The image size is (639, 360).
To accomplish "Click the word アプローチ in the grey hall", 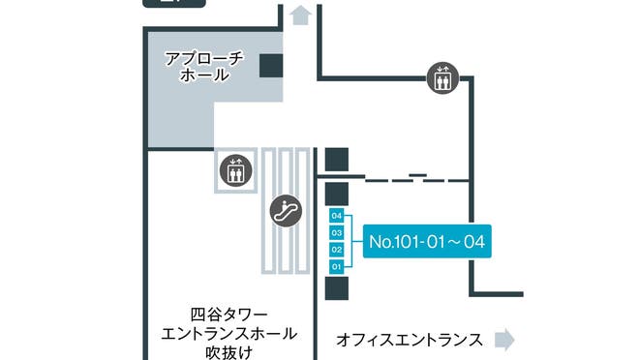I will tap(204, 57).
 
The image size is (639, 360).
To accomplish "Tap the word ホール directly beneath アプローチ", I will tap(204, 75).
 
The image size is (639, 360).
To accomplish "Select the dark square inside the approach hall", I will tap(271, 65).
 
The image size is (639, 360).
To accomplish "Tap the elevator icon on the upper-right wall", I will tap(441, 77).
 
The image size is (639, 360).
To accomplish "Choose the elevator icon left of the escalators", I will tap(233, 170).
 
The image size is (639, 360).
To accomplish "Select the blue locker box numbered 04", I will tap(337, 216).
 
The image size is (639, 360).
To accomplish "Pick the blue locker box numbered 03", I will tap(337, 232).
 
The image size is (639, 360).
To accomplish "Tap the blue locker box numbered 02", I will tap(337, 249).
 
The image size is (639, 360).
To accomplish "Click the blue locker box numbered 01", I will tap(337, 265).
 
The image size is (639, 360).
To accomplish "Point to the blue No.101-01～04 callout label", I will tap(426, 241).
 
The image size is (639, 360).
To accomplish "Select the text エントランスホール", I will tap(228, 334).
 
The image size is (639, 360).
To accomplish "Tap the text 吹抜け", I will tap(228, 352).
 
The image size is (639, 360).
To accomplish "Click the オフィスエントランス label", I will tap(410, 340).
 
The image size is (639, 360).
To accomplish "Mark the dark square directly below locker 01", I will tap(337, 287).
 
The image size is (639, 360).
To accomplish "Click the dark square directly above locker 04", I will tap(337, 193).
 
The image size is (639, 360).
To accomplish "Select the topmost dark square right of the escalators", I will tap(337, 160).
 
